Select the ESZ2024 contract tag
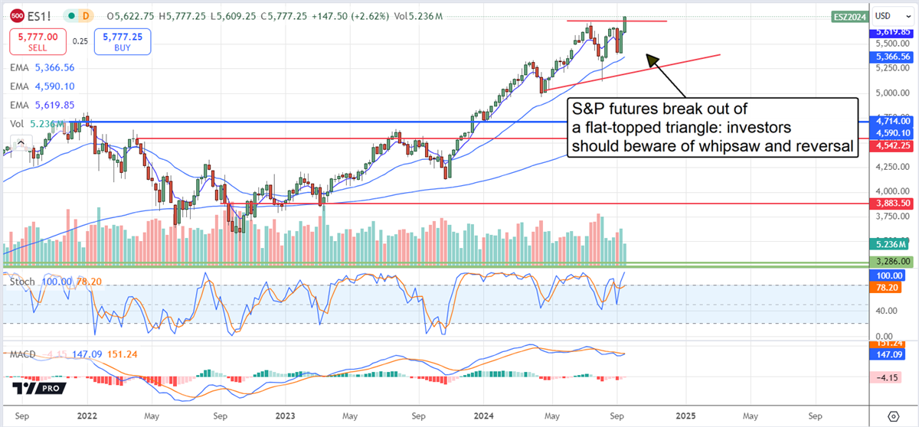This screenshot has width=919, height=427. (x=850, y=16)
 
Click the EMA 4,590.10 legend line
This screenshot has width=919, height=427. (x=43, y=86)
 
